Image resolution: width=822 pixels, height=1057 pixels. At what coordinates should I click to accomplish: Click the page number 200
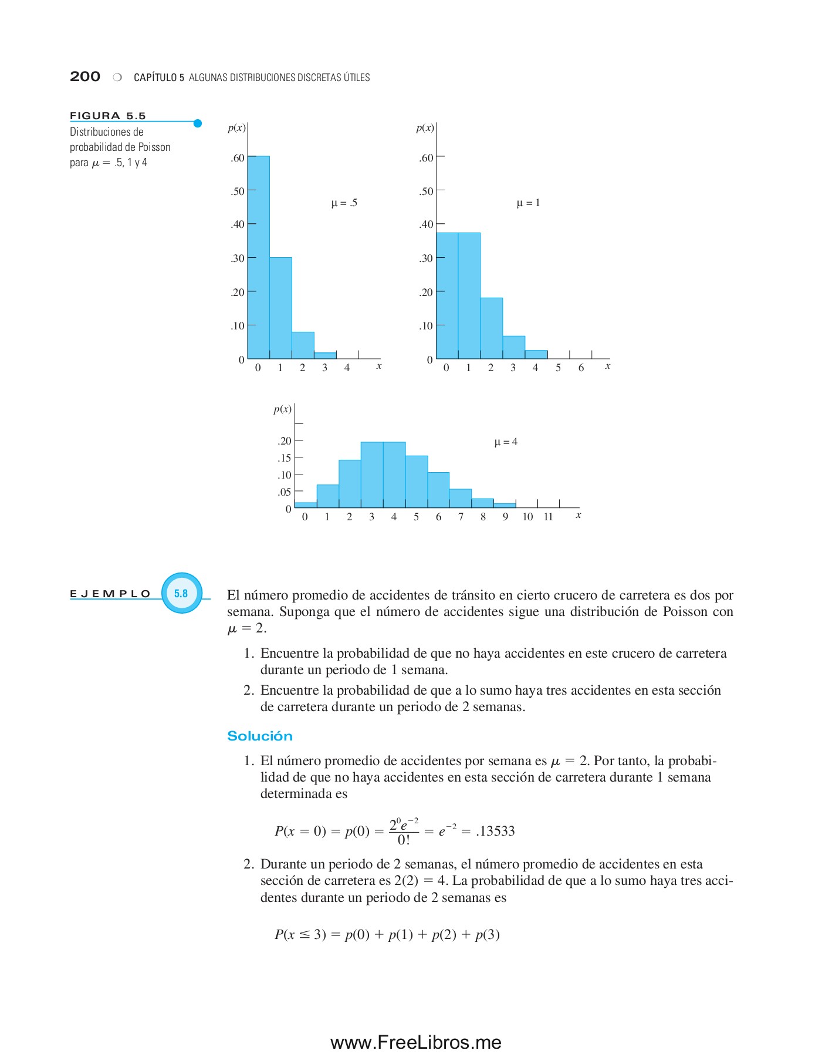point(85,76)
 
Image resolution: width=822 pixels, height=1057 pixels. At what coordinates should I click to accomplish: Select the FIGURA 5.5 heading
point(108,116)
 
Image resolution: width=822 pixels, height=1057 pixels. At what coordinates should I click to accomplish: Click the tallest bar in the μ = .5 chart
point(258,257)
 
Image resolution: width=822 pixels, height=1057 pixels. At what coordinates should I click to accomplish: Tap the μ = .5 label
point(344,203)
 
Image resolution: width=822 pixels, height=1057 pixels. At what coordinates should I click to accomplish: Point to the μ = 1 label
point(528,203)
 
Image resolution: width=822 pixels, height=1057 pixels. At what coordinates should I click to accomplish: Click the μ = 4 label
point(506,442)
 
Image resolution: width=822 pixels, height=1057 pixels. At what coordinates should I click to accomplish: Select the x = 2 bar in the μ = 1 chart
point(491,328)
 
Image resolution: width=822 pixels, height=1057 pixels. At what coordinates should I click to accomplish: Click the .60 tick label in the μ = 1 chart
point(426,157)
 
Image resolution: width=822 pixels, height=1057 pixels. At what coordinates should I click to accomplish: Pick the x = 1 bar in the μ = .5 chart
point(280,308)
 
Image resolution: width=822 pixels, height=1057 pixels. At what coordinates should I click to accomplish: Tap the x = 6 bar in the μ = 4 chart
point(438,490)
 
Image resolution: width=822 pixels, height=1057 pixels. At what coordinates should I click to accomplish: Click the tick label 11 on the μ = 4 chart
point(548,517)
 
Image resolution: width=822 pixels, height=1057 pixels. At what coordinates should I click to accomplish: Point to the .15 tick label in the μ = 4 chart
point(284,458)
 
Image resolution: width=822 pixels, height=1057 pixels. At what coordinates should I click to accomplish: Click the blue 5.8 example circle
point(181,593)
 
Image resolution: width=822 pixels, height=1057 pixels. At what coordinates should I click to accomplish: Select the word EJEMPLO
point(110,594)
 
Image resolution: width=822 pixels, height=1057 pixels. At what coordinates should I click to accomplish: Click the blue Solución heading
point(259,736)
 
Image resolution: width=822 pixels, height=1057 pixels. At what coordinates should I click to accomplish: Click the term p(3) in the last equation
point(487,934)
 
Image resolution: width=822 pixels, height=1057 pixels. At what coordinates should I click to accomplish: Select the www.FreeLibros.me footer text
point(415,1042)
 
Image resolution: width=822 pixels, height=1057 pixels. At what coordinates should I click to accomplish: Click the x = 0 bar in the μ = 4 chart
point(305,504)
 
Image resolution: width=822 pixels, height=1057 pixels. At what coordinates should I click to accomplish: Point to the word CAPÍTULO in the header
point(155,78)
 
